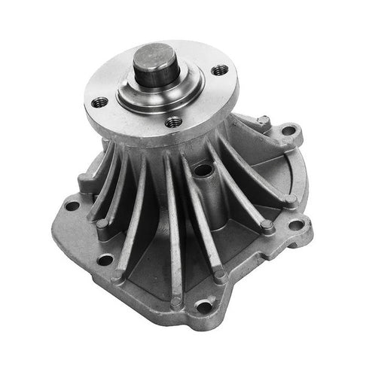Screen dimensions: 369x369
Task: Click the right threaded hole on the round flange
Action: (219, 71)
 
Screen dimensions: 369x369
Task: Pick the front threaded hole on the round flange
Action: (175, 121)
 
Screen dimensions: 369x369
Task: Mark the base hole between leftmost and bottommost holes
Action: (105, 260)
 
